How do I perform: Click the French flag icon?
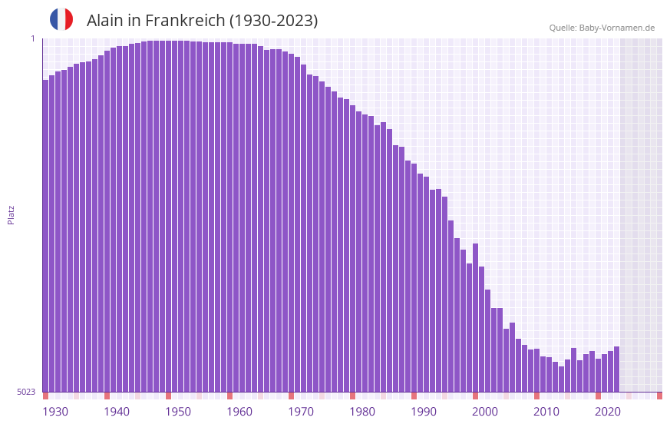61,19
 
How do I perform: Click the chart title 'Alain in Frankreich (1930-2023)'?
202,21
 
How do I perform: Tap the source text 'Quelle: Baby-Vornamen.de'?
602,28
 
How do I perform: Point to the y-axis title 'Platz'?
11,214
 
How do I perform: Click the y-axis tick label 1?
33,38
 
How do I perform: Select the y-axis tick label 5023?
27,392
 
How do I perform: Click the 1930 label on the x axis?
55,412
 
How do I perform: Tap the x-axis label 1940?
117,412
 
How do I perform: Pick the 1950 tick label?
178,412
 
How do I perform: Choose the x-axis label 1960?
239,412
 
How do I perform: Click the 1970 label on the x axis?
301,412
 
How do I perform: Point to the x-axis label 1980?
362,412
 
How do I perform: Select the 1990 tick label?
424,412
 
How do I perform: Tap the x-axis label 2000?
485,412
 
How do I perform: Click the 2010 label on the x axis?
546,412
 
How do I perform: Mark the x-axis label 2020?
608,412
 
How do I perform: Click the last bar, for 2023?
616,369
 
